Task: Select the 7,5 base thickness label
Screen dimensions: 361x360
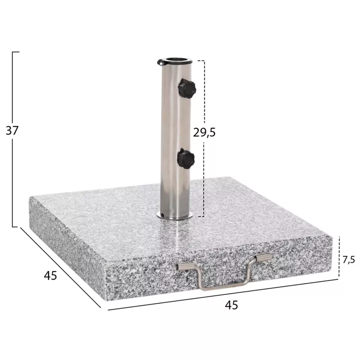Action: click(349, 259)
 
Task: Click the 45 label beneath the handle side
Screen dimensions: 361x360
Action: click(231, 304)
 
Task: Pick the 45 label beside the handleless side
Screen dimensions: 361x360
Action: click(50, 275)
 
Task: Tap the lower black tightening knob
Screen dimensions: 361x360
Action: click(186, 159)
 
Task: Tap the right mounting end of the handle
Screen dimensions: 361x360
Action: click(263, 258)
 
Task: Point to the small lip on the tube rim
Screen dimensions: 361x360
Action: click(160, 63)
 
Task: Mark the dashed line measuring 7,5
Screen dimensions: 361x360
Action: click(339, 256)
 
